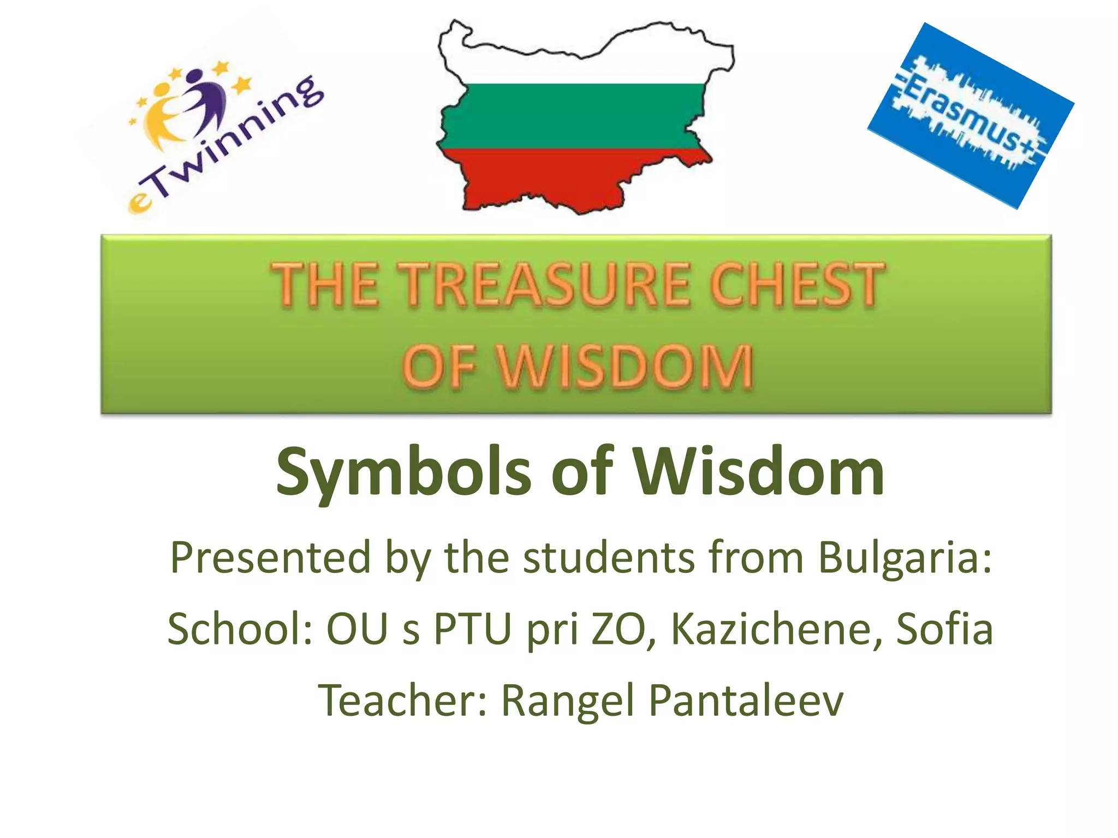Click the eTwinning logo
pos(218,136)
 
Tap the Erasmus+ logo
pos(971,116)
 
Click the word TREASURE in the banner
pos(546,285)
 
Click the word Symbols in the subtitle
pos(403,472)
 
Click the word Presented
pos(271,558)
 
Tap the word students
pos(609,558)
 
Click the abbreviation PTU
pos(473,629)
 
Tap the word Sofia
pos(944,629)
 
